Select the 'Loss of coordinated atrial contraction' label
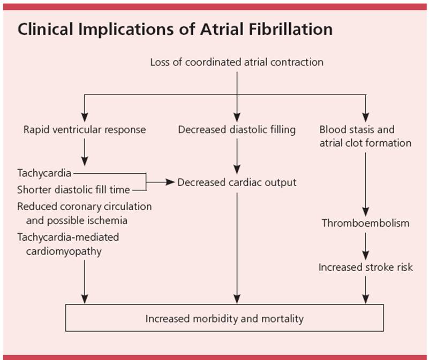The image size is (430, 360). (237, 62)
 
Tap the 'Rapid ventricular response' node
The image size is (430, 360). (85, 129)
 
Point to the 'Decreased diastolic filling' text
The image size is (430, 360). (237, 129)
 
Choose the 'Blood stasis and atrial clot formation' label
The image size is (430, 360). (365, 136)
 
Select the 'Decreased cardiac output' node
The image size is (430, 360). (237, 182)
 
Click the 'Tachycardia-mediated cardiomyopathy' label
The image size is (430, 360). (68, 244)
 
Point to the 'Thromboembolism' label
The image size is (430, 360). (365, 223)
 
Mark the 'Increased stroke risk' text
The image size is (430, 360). (366, 267)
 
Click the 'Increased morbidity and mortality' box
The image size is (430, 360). (224, 318)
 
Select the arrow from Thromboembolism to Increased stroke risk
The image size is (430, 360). (366, 245)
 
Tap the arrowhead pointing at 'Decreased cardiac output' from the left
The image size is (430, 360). (170, 182)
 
